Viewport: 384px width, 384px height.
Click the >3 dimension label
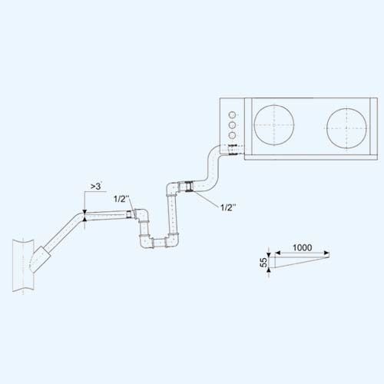tap(96, 186)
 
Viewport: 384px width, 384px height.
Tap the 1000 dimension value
tap(302, 247)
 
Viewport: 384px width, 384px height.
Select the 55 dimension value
tap(263, 262)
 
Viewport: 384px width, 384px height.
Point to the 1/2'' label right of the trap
tap(228, 207)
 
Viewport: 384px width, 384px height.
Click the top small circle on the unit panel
tap(232, 114)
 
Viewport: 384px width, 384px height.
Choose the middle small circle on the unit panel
tap(232, 125)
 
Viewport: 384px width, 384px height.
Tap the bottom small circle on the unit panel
tap(232, 135)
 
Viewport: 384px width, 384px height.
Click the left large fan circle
tap(274, 125)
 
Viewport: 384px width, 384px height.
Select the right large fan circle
tap(346, 127)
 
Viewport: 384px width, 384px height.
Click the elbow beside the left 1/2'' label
tap(141, 215)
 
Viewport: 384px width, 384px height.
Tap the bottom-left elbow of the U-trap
tap(146, 241)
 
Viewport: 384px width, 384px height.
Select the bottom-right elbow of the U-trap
tap(172, 241)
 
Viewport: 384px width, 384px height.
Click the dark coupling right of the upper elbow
tap(188, 187)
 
